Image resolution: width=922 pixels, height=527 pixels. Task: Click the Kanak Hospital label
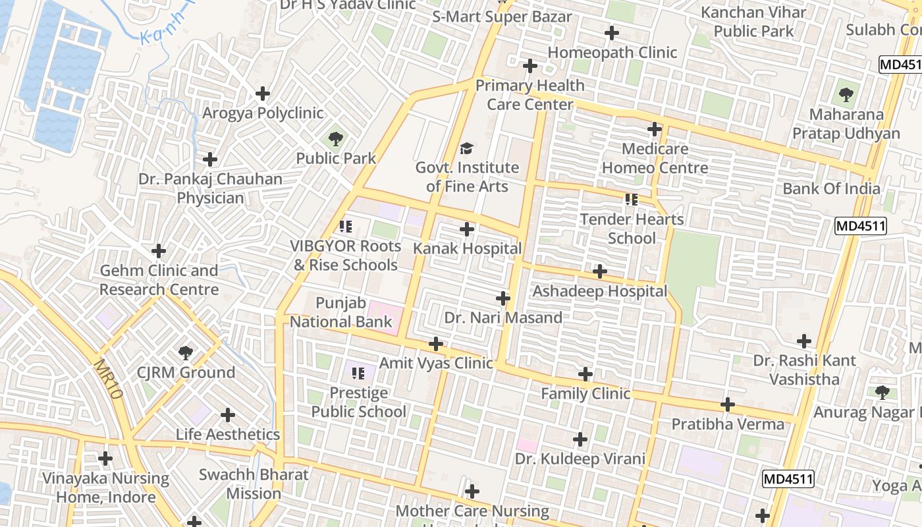[x=467, y=249]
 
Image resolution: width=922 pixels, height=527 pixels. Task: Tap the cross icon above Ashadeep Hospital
[x=600, y=271]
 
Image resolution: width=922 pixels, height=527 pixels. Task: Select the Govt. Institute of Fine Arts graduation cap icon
[x=467, y=149]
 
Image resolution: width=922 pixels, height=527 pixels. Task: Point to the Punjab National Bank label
[x=341, y=313]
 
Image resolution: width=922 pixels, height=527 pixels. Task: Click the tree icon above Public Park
[x=336, y=139]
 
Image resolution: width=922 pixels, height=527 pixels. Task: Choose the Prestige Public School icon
[x=358, y=374]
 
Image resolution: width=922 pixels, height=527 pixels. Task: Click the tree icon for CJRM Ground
[x=186, y=353]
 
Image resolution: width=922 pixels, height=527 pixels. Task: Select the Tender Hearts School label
[x=632, y=229]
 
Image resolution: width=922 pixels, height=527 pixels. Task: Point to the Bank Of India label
[x=831, y=189]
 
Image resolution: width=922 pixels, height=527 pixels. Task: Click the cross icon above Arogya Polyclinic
[x=263, y=94]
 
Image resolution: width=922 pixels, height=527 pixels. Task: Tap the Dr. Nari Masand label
[x=503, y=318]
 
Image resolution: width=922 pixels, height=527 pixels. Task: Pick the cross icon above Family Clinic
[x=585, y=375]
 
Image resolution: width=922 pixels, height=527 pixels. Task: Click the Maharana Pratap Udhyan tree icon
[x=846, y=95]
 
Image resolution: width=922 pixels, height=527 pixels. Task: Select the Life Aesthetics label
[x=228, y=435]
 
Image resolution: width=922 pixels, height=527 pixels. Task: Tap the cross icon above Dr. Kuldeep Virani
[x=580, y=439]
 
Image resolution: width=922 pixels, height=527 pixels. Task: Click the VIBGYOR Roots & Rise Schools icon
[x=345, y=227]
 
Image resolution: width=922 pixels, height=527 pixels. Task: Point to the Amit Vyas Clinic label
[x=436, y=363]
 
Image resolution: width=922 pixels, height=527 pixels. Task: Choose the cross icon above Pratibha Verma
[x=728, y=404]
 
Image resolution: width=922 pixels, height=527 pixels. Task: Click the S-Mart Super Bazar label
[x=502, y=17]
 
